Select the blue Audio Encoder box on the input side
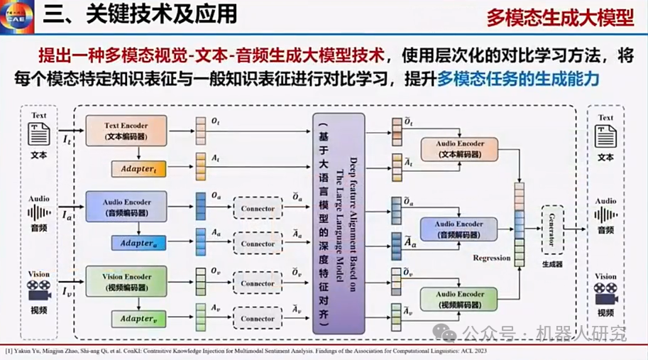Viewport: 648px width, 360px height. point(126,206)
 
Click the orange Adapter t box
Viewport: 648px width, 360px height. point(139,169)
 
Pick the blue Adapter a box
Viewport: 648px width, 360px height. point(139,244)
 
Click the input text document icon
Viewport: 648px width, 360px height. point(38,134)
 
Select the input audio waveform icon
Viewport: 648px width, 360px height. point(39,212)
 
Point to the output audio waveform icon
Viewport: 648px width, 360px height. point(605,214)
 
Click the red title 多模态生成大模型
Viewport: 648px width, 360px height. point(560,18)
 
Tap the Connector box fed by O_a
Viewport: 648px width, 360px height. point(257,208)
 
